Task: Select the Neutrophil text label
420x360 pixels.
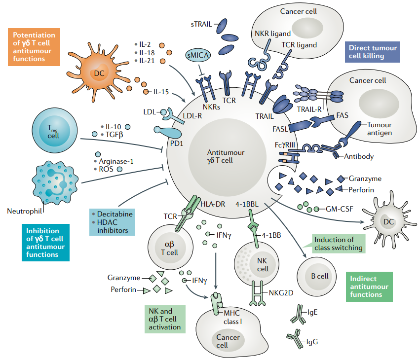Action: coord(25,212)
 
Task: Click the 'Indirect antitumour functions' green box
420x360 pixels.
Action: coord(369,286)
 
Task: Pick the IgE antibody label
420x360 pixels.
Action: coord(312,313)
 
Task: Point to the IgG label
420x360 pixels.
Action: coord(312,341)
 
